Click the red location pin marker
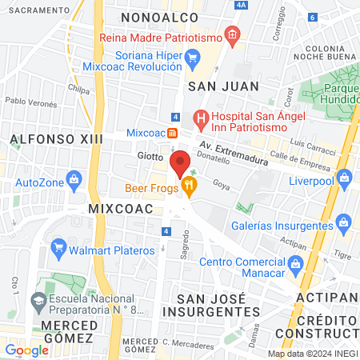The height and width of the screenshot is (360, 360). pyautogui.click(x=180, y=163)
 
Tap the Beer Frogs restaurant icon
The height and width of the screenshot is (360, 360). pyautogui.click(x=189, y=188)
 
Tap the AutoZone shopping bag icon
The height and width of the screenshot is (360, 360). pyautogui.click(x=74, y=178)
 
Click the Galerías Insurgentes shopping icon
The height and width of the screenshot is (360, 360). pyautogui.click(x=342, y=221)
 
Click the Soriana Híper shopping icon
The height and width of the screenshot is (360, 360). pyautogui.click(x=192, y=58)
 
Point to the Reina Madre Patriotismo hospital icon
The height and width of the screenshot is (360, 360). pyautogui.click(x=232, y=34)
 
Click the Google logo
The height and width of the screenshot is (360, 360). pyautogui.click(x=26, y=350)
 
